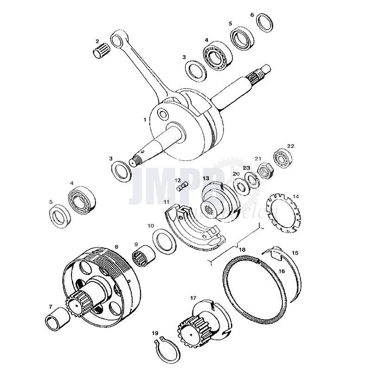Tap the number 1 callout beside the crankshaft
pos(145,120)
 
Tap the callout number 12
pos(178,180)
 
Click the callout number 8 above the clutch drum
pos(116,247)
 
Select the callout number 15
pos(295,253)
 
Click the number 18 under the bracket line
pos(242,250)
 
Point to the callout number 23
pos(246,168)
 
